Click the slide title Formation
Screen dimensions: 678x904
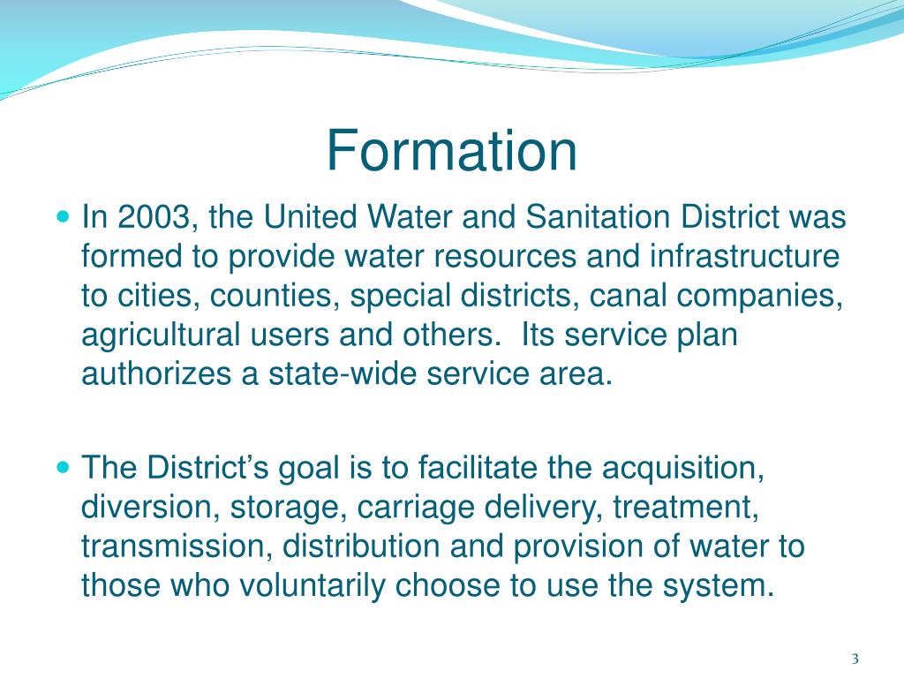tap(451, 151)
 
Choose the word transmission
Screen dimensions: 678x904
tap(173, 546)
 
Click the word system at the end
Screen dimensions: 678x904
tap(723, 585)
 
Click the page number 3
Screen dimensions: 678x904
tap(855, 659)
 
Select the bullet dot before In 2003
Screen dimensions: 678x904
tap(62, 215)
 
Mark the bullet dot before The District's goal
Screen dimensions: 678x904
tap(62, 466)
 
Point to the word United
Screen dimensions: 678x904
tap(314, 216)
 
